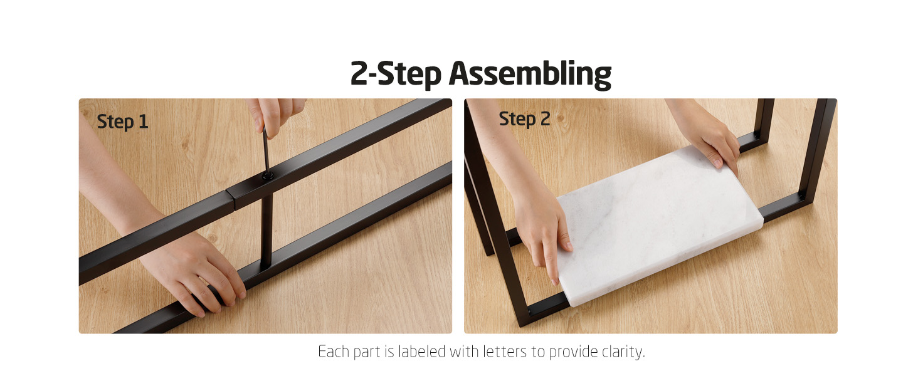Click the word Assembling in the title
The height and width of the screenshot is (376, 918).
[530, 75]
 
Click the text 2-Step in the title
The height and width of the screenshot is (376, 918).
[396, 74]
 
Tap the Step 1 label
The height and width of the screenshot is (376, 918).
[122, 122]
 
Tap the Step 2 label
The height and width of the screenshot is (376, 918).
[524, 119]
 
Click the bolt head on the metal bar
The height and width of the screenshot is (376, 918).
[268, 175]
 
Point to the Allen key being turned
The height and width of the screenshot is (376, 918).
[266, 152]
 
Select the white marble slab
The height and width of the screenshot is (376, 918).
[659, 225]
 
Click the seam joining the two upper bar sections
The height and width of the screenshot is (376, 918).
[230, 201]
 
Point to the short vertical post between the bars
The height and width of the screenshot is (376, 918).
[266, 231]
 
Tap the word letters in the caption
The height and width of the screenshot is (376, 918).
[505, 352]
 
